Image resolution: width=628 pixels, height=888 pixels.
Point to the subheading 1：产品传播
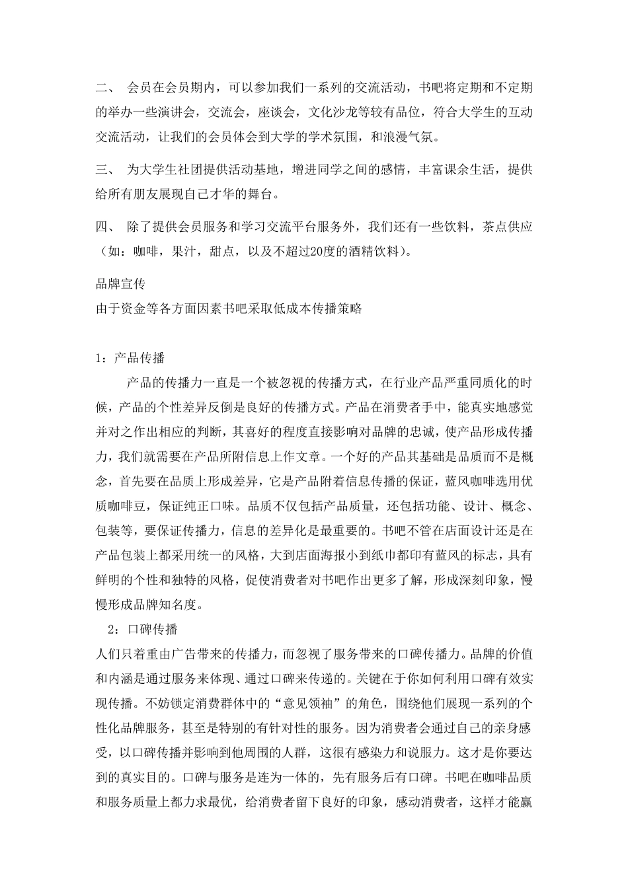coord(130,358)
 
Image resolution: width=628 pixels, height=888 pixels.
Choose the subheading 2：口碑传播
coord(142,628)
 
